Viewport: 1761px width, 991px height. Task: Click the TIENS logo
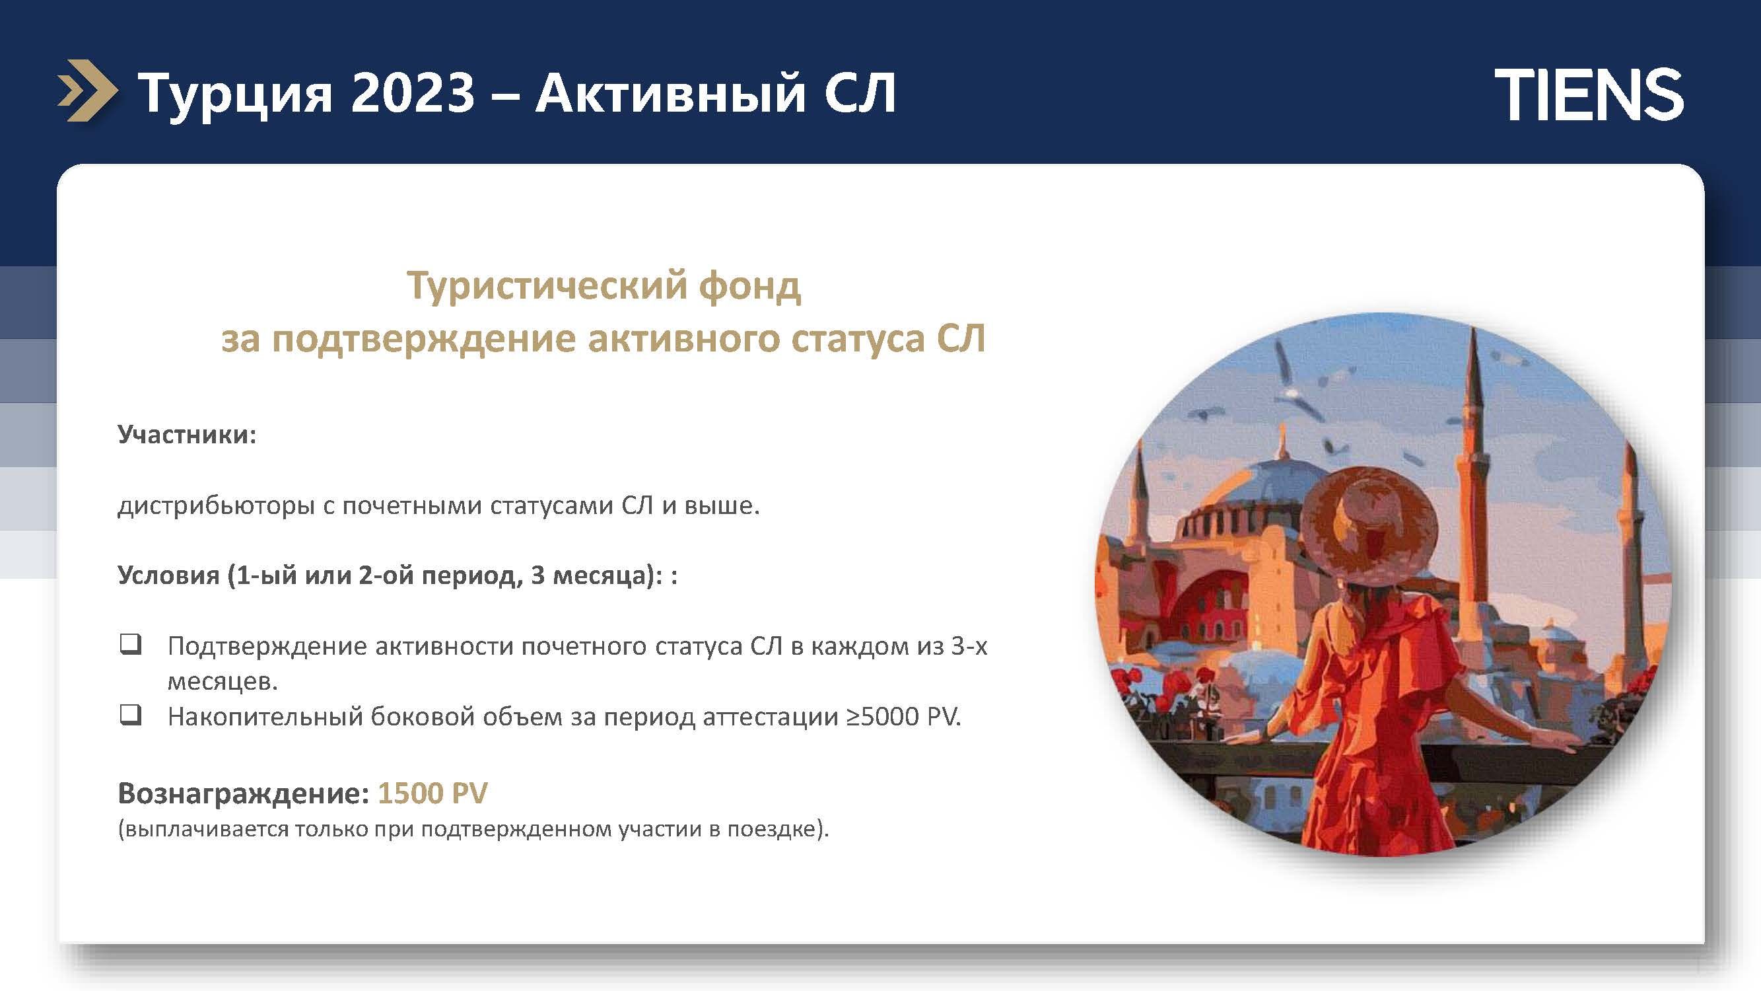(x=1589, y=95)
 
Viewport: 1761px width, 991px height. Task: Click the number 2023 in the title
(x=413, y=92)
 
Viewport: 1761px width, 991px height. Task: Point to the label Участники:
(x=187, y=434)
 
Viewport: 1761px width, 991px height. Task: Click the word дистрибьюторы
(x=215, y=505)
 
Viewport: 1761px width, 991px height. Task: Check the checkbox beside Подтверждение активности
(x=131, y=644)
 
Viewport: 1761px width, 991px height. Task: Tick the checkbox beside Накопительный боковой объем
(x=131, y=716)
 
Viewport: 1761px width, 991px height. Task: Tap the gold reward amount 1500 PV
(x=432, y=793)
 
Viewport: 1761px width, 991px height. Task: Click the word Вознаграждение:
(x=244, y=793)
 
